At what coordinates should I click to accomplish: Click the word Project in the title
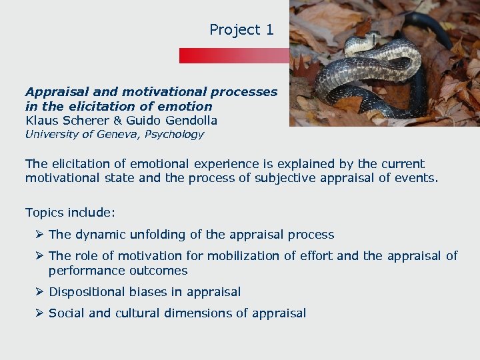point(233,30)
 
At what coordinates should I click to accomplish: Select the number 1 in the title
point(269,30)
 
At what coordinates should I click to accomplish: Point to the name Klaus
point(41,121)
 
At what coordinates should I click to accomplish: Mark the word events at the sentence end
point(418,178)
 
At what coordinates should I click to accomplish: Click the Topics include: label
point(70,213)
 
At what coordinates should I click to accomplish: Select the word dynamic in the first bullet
point(98,235)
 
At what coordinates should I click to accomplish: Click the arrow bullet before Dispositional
point(40,292)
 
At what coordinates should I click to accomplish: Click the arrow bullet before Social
point(40,313)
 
